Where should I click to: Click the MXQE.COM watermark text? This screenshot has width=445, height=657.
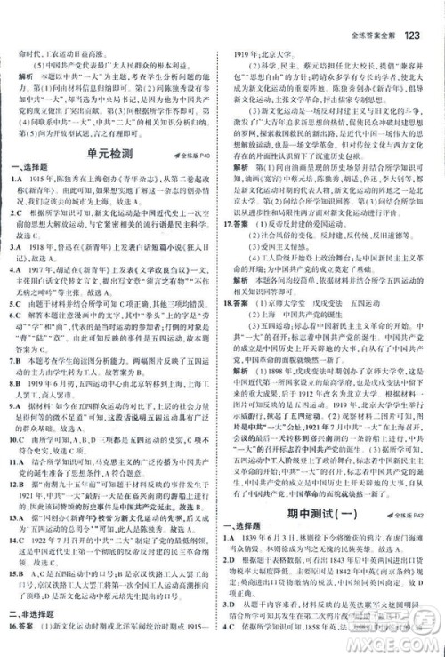point(400,643)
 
